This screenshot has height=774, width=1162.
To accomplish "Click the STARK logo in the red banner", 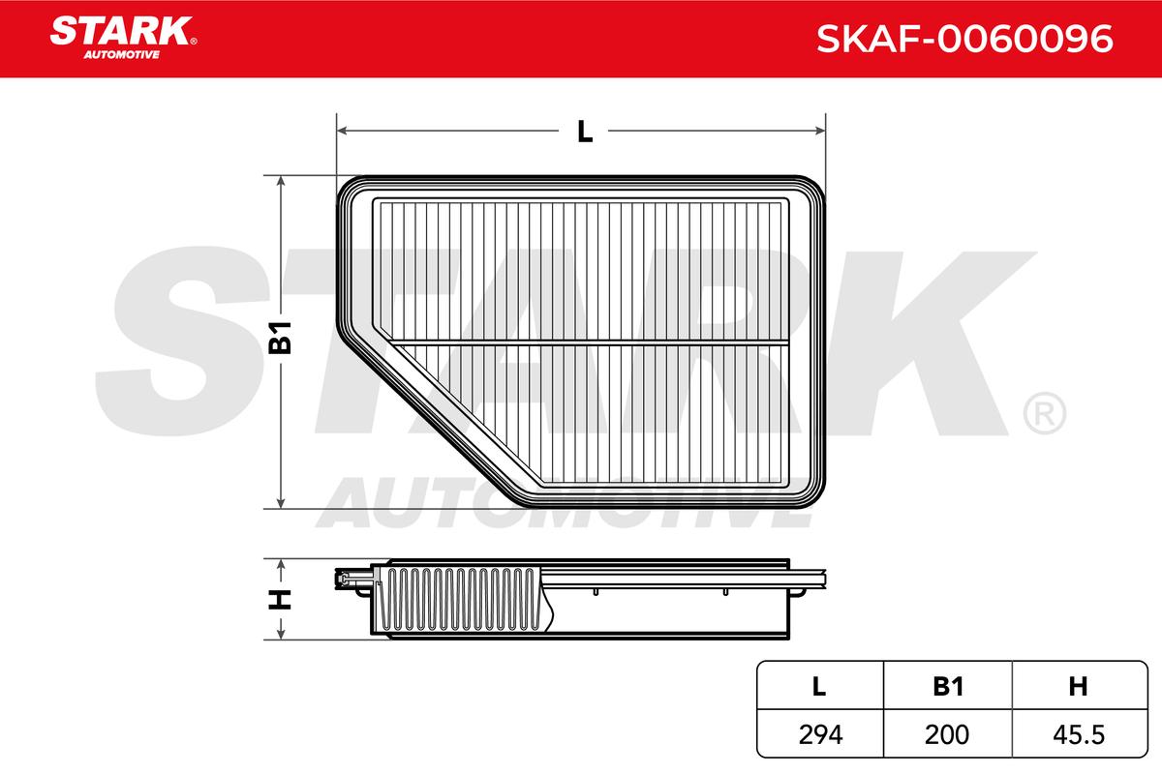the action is click(x=123, y=38).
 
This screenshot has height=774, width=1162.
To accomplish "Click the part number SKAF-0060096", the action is click(x=964, y=39).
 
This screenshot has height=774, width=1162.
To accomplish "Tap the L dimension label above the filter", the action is click(x=585, y=132).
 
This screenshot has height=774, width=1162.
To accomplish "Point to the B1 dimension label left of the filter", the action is click(x=280, y=338).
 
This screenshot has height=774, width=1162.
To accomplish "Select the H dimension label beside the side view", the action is click(x=280, y=599).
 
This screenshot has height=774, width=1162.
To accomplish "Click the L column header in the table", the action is click(x=819, y=686).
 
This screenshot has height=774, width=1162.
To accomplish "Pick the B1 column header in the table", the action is click(x=948, y=686).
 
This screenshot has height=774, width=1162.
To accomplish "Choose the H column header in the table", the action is click(x=1078, y=686).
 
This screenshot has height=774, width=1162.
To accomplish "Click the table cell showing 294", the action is click(x=821, y=734).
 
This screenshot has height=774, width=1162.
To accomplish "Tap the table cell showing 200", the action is click(x=947, y=734).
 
